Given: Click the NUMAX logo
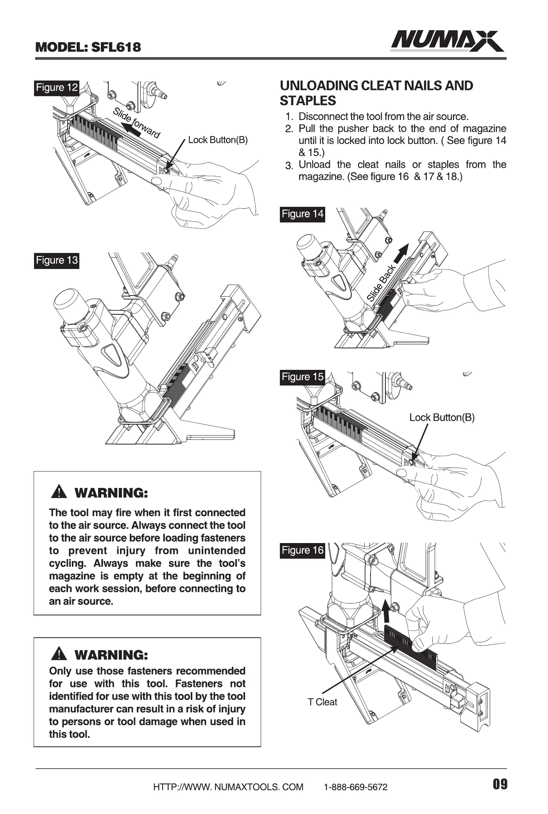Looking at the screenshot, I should tap(447, 41).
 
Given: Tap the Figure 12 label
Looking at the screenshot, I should tap(57, 88).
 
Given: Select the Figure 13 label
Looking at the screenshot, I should tap(57, 260).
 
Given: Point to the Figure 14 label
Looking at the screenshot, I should tap(303, 214).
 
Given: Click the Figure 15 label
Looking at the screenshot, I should tap(303, 377).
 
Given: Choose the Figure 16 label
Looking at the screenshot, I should tap(303, 550).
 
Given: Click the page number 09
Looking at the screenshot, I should tap(500, 784).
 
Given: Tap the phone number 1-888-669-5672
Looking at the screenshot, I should tap(356, 787).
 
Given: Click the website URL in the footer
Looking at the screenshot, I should tap(228, 787).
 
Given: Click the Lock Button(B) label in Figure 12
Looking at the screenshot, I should tap(218, 140).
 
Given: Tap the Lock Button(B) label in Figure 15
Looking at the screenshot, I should tap(442, 418).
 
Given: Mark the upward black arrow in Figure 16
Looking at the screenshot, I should tap(386, 612).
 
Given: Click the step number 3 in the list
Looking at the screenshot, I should tap(289, 166).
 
